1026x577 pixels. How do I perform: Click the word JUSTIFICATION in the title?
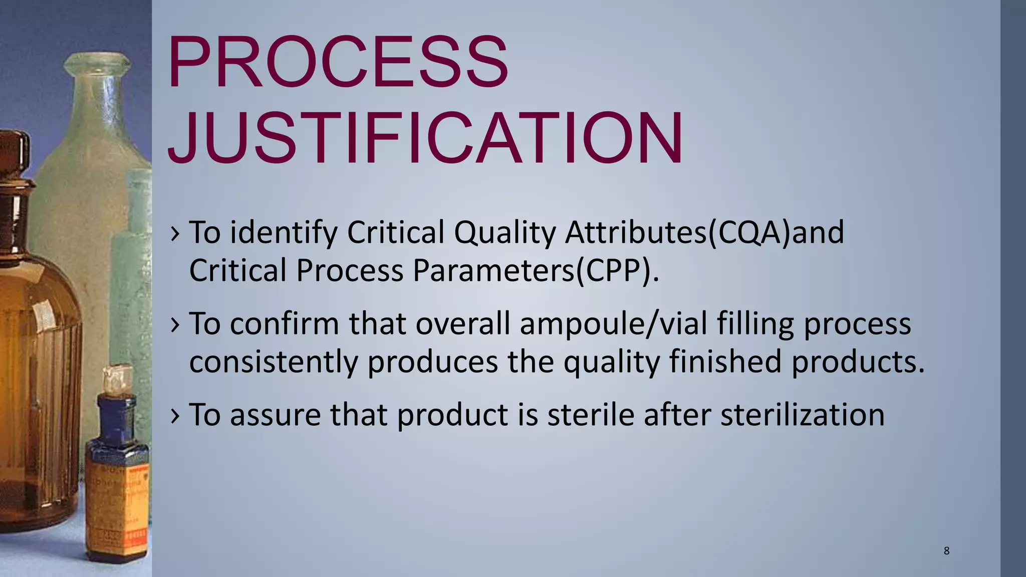click(x=425, y=138)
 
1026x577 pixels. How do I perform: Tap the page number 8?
click(x=946, y=551)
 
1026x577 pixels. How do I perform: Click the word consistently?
click(x=274, y=362)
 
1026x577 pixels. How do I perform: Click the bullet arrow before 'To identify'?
click(x=174, y=233)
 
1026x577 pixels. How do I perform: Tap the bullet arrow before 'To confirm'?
click(x=174, y=325)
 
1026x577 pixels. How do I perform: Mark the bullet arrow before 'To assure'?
click(x=174, y=416)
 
